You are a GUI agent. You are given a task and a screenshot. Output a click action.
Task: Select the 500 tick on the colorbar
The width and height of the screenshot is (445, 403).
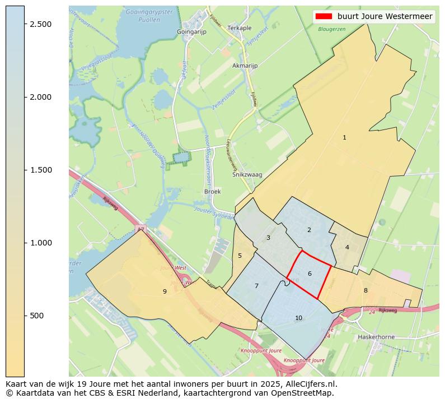point(38,316)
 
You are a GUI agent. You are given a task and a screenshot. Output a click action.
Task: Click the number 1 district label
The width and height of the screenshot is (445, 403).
point(344,137)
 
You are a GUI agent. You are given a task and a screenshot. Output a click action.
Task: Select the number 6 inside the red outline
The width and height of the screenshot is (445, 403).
point(310,274)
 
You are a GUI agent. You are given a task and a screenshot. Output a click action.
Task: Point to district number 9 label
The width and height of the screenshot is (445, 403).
point(165,291)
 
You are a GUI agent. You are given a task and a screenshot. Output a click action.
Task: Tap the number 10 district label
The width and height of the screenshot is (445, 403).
point(298,318)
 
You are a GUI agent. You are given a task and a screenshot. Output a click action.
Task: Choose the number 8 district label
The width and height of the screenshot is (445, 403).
point(366,290)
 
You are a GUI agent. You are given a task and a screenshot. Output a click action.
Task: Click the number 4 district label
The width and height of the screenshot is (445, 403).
point(347,247)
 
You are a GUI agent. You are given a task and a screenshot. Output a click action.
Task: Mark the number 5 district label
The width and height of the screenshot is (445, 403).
point(240,256)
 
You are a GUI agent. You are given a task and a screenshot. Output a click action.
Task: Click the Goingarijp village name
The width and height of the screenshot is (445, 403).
point(191,32)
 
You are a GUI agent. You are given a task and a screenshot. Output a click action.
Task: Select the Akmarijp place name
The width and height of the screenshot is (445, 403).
point(245,66)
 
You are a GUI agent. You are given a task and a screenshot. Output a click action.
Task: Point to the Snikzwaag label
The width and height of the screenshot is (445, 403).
point(247,175)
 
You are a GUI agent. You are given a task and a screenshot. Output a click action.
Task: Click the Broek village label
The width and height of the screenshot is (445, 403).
point(213,191)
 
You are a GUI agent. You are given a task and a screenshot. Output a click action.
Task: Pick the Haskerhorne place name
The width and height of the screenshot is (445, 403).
point(376,337)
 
